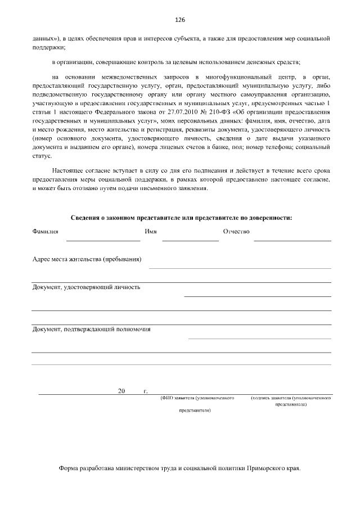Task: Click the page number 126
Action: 180,20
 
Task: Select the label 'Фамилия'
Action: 46,232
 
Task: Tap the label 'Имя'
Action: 150,232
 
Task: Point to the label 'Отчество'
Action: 236,232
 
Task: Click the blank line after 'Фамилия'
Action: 103,241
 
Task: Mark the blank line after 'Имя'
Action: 190,241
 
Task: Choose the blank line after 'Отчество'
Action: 292,241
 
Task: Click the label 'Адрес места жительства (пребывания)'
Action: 87,259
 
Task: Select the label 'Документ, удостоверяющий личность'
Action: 86,287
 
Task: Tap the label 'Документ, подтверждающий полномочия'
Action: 91,329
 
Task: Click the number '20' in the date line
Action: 121,391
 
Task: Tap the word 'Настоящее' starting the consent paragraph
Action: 66,169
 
